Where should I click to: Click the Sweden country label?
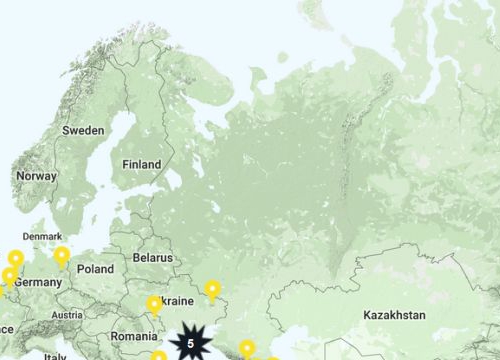point(83,130)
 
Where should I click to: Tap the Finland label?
point(141,164)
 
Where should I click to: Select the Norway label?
point(36,176)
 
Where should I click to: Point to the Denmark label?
point(42,237)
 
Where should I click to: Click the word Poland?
point(96,269)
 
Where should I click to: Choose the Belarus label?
point(153,257)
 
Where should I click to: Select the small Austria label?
point(67,315)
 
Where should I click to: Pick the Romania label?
point(134,337)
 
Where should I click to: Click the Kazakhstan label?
point(394,315)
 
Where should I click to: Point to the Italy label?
point(54,356)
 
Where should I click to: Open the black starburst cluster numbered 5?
point(190,343)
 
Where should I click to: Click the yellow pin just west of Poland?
point(62,256)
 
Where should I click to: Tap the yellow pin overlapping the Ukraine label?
point(154,304)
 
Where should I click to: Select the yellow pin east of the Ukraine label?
point(212,290)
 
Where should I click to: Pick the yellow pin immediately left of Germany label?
point(10,276)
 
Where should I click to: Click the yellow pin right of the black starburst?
point(246,349)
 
